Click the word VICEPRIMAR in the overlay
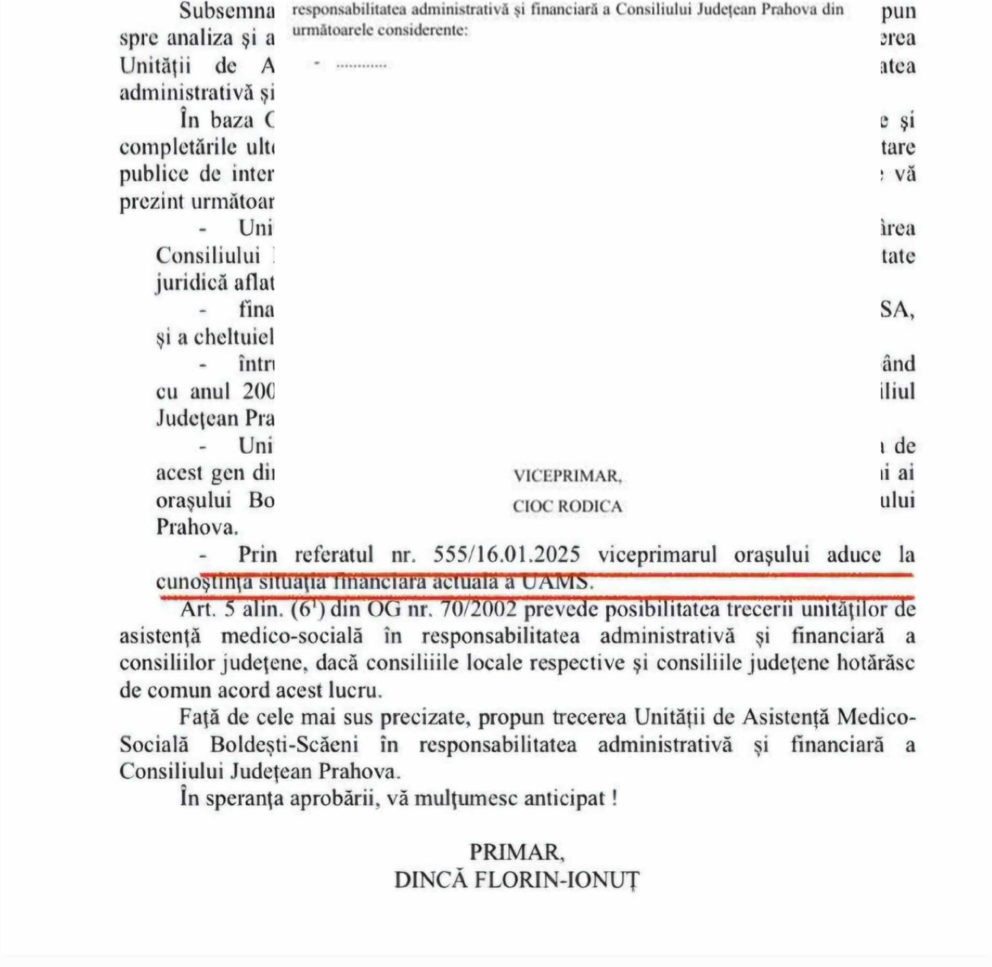click(x=567, y=476)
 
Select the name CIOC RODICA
click(x=567, y=507)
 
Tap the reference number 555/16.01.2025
click(x=506, y=554)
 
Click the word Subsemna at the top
click(x=227, y=11)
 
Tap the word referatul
click(x=334, y=554)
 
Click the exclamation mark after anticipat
click(x=615, y=798)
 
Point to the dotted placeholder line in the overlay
click(x=361, y=65)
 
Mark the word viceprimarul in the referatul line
click(x=657, y=554)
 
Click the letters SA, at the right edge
click(x=897, y=309)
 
